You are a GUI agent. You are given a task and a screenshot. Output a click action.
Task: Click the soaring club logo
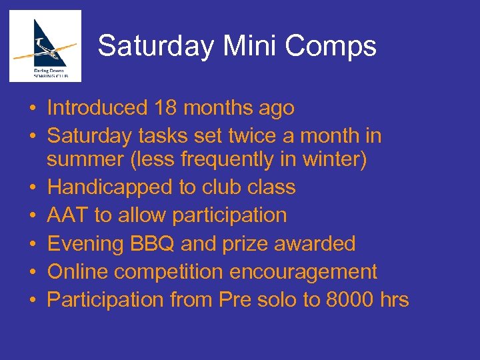coord(45,45)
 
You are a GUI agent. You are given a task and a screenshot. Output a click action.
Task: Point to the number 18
coord(167,107)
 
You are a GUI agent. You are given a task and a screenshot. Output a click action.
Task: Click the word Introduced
coord(97,107)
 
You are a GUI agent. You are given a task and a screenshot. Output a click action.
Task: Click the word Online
coord(79,271)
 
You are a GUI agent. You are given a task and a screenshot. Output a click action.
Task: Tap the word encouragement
coord(303,271)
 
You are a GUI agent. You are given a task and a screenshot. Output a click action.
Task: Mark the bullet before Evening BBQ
coord(32,244)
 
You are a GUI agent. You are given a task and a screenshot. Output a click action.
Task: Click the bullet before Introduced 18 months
coord(32,108)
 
